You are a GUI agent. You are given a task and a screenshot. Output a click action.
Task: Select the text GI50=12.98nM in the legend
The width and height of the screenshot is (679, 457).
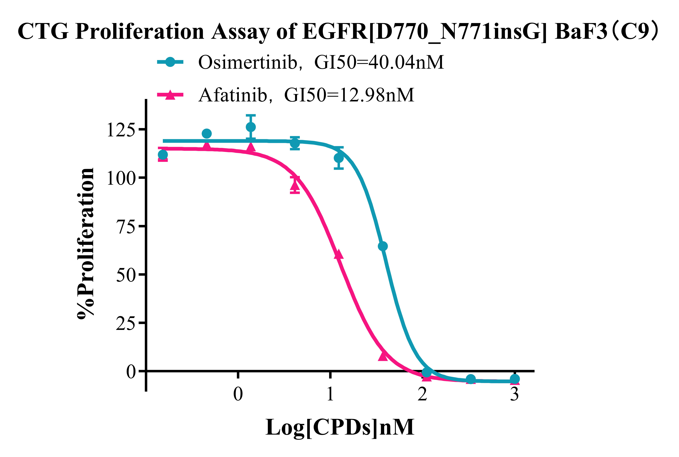(x=349, y=95)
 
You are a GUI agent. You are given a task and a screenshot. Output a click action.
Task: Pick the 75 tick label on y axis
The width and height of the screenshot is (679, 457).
(x=126, y=226)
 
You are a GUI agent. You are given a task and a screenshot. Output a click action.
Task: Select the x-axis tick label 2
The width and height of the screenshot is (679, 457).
(x=422, y=395)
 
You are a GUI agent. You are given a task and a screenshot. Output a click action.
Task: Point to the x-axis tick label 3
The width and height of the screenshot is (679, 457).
(x=514, y=395)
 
